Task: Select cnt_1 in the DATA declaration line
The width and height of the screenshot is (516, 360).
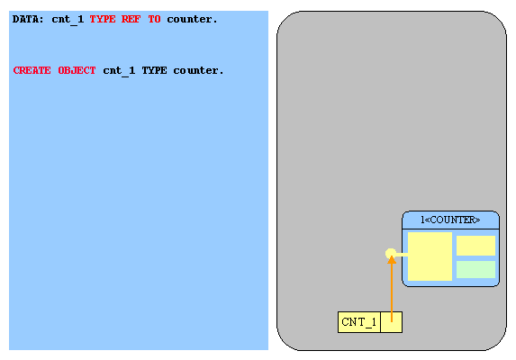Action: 68,20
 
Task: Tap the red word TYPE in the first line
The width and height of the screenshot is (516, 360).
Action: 103,19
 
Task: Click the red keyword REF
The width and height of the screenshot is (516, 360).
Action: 131,19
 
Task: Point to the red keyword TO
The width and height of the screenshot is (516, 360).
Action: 154,19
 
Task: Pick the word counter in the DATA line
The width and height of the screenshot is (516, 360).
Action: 192,20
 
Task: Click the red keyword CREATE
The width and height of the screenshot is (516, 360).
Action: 32,70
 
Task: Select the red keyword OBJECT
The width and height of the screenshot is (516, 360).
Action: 77,70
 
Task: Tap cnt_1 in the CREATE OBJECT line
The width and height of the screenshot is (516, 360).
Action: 119,71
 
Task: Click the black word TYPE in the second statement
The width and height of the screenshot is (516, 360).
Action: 154,71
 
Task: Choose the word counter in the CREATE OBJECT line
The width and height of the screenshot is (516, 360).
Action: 198,71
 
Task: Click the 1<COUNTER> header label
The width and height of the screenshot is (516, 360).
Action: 450,220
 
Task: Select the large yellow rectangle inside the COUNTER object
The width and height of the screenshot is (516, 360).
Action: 430,256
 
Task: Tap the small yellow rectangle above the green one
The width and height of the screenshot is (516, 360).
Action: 475,246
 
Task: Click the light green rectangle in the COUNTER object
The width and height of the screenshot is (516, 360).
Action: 475,270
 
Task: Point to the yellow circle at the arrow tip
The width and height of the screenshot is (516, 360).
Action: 391,253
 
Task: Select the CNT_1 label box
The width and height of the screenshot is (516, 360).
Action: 359,322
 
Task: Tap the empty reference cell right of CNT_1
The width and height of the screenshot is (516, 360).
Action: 392,322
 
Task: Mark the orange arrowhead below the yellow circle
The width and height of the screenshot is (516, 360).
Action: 392,260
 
